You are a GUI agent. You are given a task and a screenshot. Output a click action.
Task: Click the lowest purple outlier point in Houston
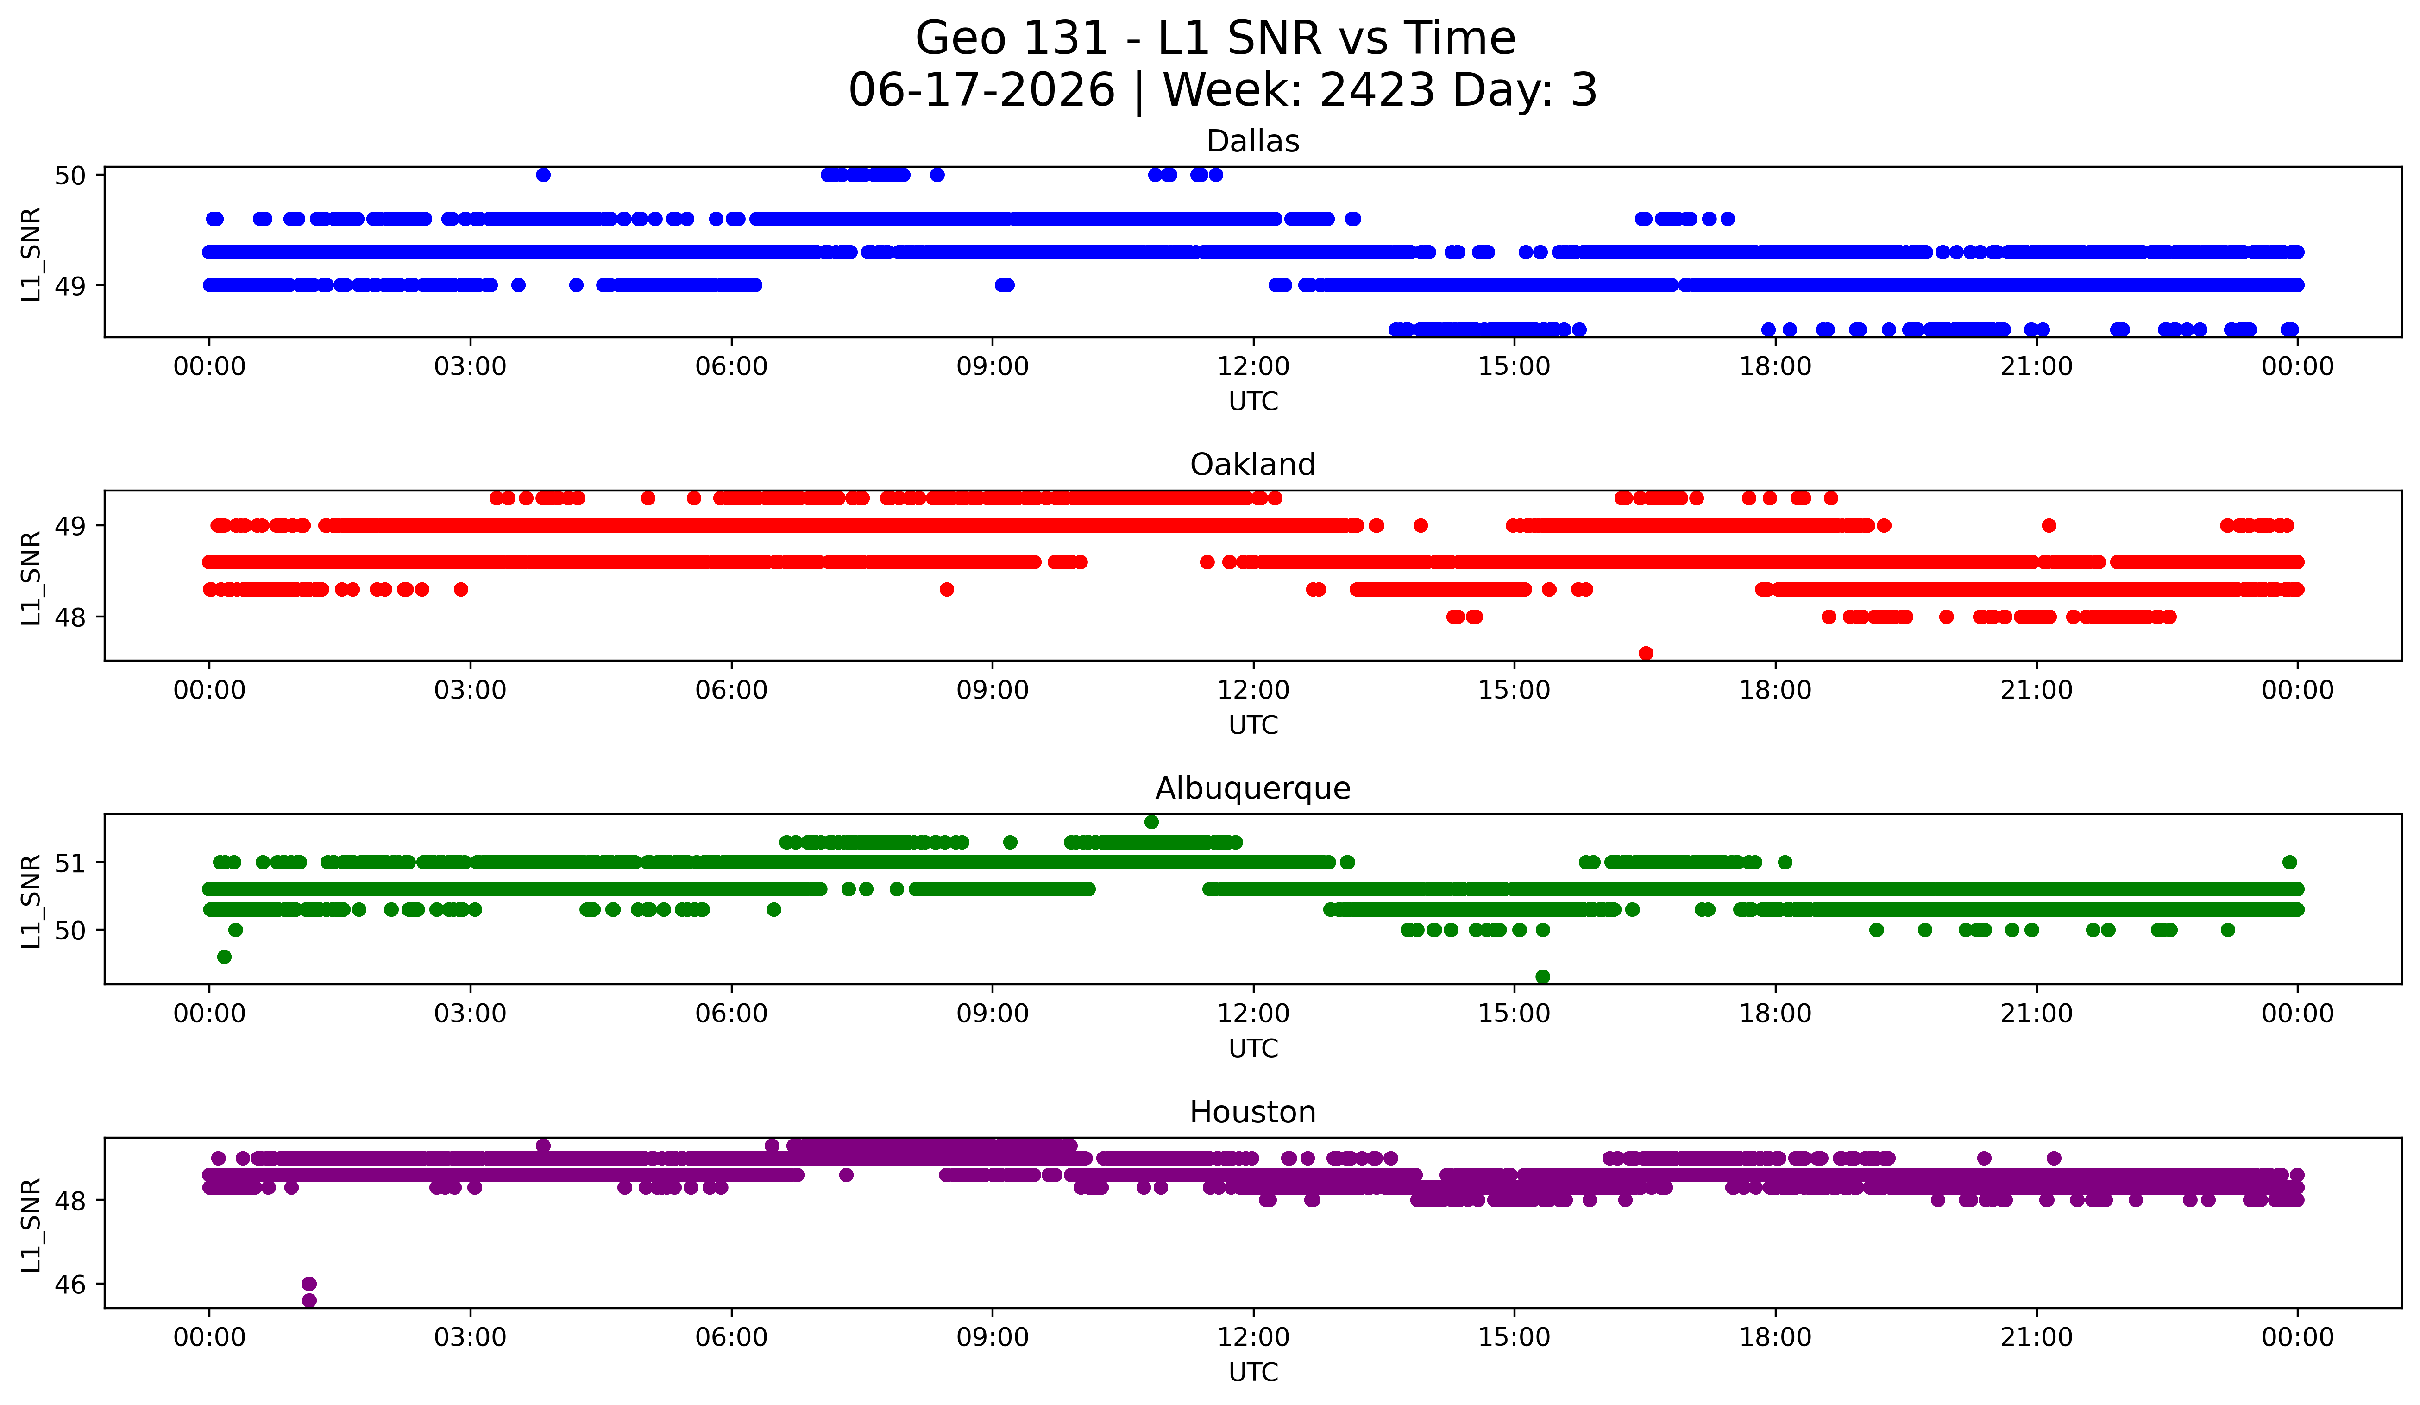tap(309, 1300)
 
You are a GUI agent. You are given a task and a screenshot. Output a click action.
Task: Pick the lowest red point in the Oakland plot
tap(1646, 653)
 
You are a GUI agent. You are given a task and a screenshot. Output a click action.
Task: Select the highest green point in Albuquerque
tap(1151, 821)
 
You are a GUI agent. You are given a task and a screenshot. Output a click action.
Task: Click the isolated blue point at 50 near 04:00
tap(544, 175)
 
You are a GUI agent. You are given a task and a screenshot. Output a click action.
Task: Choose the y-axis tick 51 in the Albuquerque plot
tap(70, 863)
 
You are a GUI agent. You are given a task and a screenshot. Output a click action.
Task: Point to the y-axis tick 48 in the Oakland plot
tap(70, 617)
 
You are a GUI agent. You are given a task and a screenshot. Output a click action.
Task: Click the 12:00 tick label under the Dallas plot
tap(1253, 367)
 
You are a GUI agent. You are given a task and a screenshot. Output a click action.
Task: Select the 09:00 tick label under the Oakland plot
tap(992, 691)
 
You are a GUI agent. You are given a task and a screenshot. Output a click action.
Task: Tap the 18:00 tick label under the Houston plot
tap(1776, 1338)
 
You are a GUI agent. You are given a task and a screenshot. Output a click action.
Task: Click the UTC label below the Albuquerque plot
tap(1253, 1049)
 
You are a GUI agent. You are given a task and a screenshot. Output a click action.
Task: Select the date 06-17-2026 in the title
tap(981, 90)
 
